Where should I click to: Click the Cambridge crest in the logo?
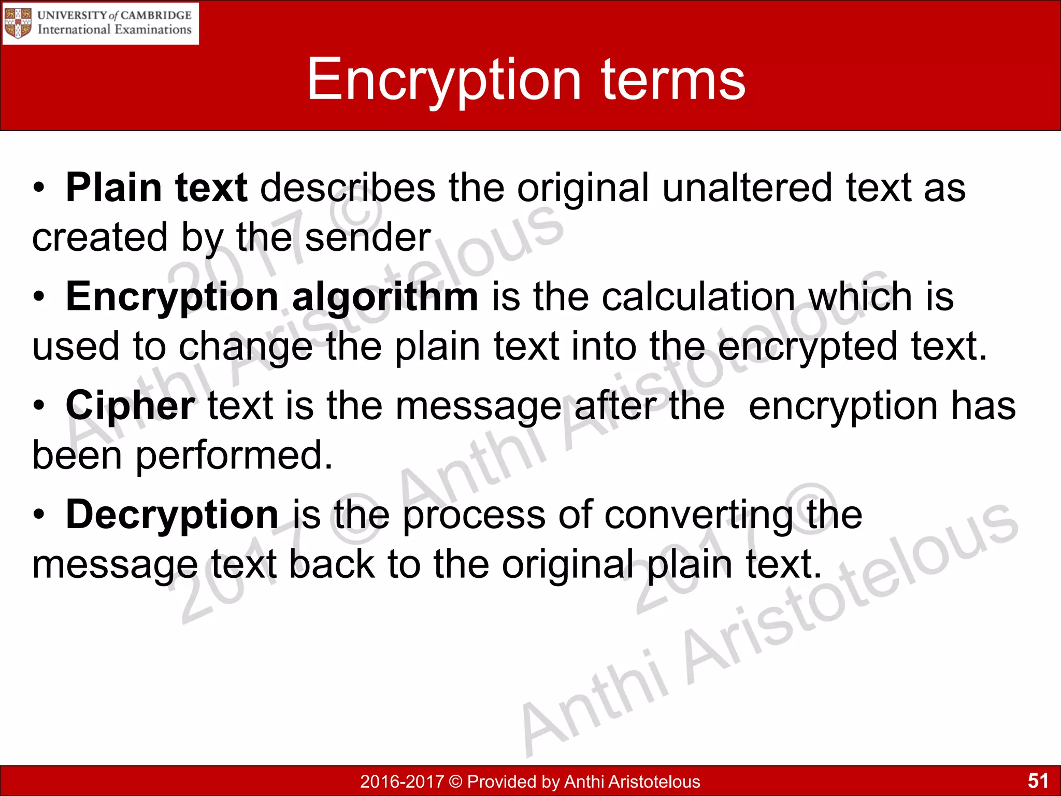[18, 23]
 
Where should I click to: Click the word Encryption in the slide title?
[443, 80]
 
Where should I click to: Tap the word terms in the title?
[673, 80]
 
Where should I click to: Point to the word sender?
[368, 237]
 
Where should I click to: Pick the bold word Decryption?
[173, 514]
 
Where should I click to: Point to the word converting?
[699, 514]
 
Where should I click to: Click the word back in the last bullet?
[332, 564]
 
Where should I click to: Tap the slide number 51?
[1038, 780]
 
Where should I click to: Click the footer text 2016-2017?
[402, 781]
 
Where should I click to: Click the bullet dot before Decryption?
[39, 515]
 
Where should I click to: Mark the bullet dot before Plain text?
[39, 188]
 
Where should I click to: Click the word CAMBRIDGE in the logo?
[156, 15]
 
